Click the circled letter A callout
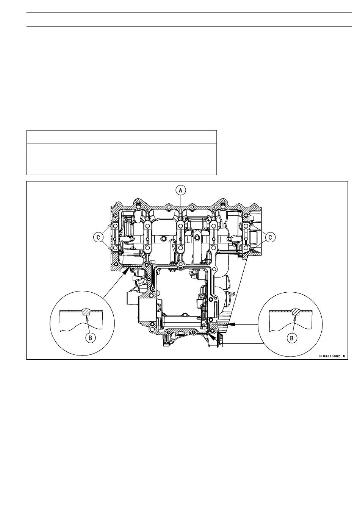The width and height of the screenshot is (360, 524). pos(180,190)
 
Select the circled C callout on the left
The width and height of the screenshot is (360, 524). pos(98,237)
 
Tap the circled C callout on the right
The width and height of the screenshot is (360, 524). pos(270,237)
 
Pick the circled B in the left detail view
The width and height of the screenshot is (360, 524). pos(90,338)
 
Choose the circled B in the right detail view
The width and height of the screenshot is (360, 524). pos(292,338)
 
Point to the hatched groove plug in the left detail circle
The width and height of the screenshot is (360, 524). pos(87,312)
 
